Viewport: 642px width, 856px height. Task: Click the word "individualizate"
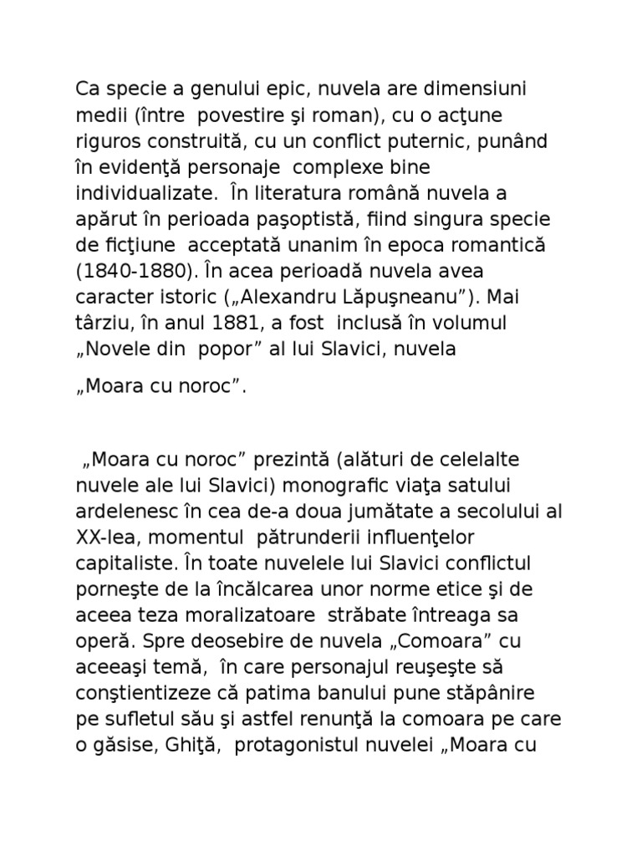143,193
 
